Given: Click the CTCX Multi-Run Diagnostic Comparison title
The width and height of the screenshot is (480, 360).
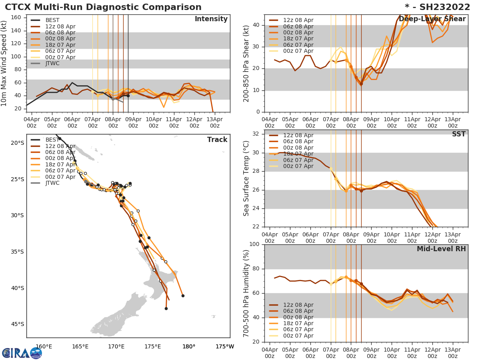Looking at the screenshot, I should click(x=103, y=7).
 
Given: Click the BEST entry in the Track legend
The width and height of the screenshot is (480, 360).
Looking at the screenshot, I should click(x=52, y=140).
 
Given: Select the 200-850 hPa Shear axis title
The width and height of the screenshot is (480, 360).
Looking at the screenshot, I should click(x=247, y=63).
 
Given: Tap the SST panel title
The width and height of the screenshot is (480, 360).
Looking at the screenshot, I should click(x=458, y=134).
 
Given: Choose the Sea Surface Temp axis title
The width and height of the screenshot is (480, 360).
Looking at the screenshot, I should click(x=247, y=178).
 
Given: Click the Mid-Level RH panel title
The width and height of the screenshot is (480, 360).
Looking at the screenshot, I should click(x=441, y=249).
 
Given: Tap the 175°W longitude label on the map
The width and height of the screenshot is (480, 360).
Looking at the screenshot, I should click(x=224, y=346).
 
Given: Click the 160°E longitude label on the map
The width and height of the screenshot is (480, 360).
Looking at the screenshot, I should click(x=44, y=346).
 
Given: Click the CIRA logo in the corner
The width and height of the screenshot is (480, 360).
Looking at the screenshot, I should click(x=22, y=353).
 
